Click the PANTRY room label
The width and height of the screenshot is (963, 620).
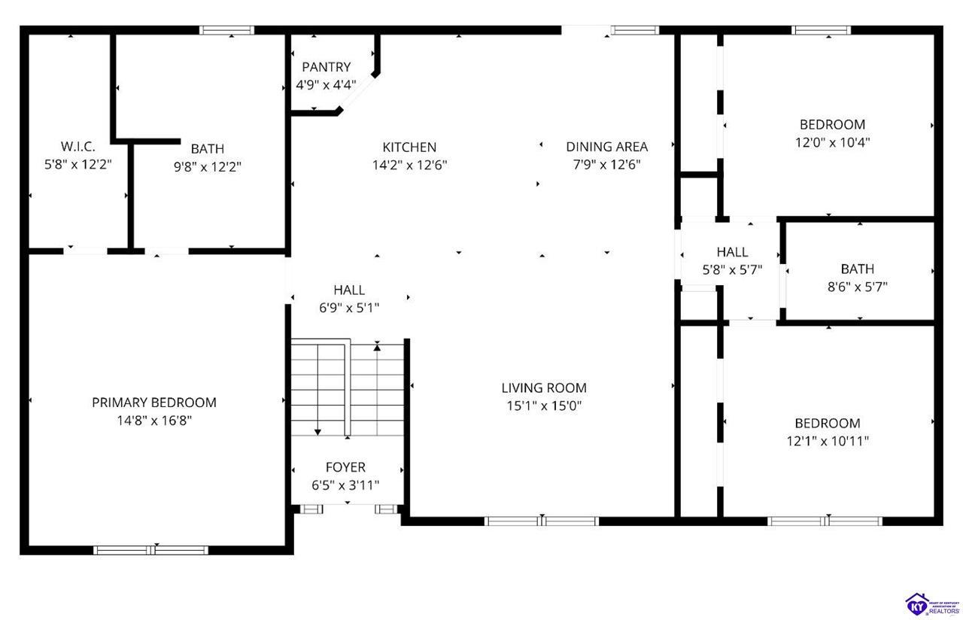pyautogui.click(x=327, y=67)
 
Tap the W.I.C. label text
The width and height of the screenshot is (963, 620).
pyautogui.click(x=77, y=147)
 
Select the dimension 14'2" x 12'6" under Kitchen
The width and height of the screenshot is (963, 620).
pyautogui.click(x=410, y=165)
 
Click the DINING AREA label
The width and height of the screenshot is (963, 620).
pyautogui.click(x=606, y=147)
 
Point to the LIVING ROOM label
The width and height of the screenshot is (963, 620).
pyautogui.click(x=544, y=388)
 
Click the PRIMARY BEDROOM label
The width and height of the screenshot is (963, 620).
pyautogui.click(x=154, y=403)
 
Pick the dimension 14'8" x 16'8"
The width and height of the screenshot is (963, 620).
pyautogui.click(x=154, y=421)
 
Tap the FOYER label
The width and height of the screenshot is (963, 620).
pyautogui.click(x=345, y=467)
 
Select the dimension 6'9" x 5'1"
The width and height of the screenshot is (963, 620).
pyautogui.click(x=349, y=308)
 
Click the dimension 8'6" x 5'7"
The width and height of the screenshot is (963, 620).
pyautogui.click(x=858, y=287)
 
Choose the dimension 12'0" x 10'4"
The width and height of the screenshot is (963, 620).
pyautogui.click(x=832, y=142)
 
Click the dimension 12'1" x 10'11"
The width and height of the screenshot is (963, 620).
pyautogui.click(x=828, y=441)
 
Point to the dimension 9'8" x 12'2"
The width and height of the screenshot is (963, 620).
pyautogui.click(x=207, y=166)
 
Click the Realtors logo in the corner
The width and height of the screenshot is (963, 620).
pyautogui.click(x=932, y=604)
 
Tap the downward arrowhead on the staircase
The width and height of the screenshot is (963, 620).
pyautogui.click(x=317, y=432)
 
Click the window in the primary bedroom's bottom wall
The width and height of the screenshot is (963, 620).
pyautogui.click(x=151, y=550)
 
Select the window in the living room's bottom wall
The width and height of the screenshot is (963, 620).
pyautogui.click(x=542, y=521)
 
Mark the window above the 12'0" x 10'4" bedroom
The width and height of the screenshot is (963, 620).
pyautogui.click(x=821, y=30)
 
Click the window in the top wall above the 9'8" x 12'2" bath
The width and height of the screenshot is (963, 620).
pyautogui.click(x=226, y=30)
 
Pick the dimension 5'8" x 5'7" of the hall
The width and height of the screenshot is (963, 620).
pyautogui.click(x=732, y=270)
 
